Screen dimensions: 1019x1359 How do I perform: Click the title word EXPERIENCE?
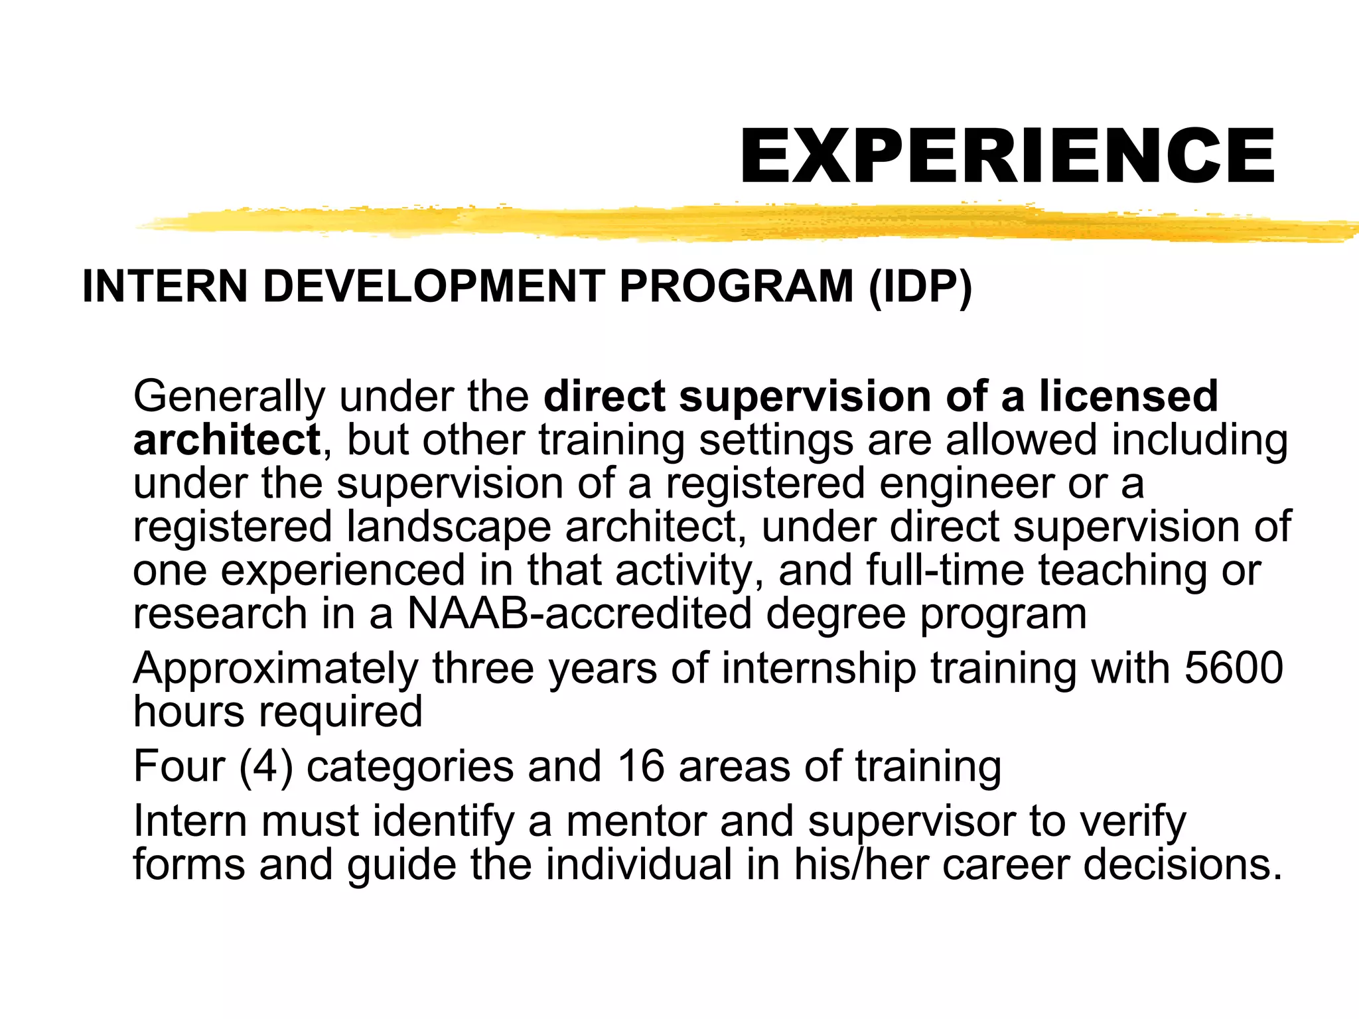[1007, 156]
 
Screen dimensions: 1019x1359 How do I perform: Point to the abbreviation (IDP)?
[920, 287]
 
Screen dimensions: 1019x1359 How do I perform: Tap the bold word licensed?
[1128, 397]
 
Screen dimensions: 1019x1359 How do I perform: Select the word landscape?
[449, 527]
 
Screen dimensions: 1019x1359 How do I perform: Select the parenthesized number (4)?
[266, 766]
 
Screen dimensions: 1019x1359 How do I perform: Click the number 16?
[640, 766]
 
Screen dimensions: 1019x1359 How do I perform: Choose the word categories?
[409, 766]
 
